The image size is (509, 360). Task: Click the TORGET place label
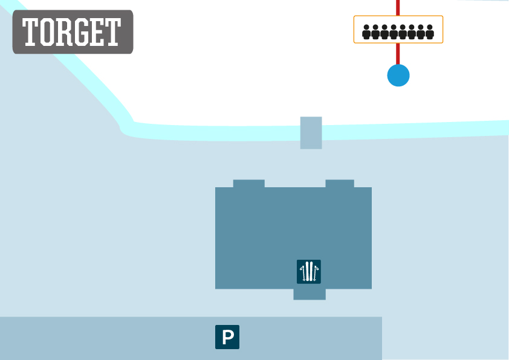[x=73, y=32]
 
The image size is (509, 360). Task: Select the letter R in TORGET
[x=64, y=32]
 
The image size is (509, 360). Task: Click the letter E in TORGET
[x=97, y=32]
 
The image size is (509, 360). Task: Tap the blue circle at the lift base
[x=398, y=76]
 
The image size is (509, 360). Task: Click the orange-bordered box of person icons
[x=398, y=29]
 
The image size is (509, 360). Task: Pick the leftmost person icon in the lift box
[x=366, y=32]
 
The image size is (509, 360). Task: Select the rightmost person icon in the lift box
[x=430, y=32]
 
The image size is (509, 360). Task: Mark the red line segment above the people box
[x=398, y=8]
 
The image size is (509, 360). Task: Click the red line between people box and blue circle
[x=398, y=54]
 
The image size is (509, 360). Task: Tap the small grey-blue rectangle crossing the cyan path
[x=311, y=133]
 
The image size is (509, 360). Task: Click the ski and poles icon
[x=309, y=272]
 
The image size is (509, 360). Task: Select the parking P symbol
[x=227, y=337]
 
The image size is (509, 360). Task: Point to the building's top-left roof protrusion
[x=249, y=184]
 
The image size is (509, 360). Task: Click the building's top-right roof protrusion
[x=340, y=184]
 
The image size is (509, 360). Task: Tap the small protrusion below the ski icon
[x=310, y=295]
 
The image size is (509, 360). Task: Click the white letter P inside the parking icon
[x=228, y=337]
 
